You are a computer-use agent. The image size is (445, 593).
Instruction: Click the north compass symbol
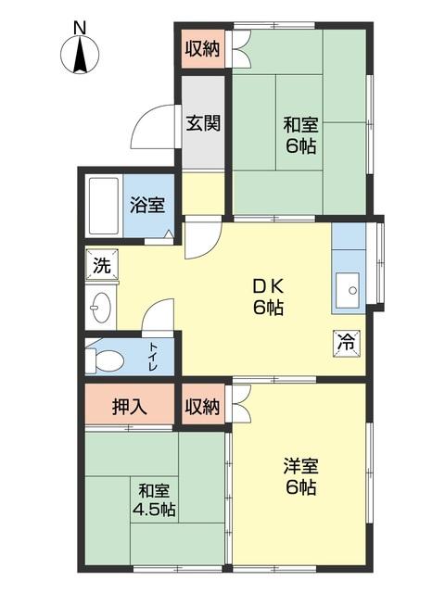(81, 56)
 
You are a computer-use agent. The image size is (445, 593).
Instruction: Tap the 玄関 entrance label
(202, 123)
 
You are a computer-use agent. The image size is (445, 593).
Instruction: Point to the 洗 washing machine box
(101, 265)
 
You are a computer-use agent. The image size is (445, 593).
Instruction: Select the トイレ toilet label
(154, 357)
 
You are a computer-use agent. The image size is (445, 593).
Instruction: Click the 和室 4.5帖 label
(154, 499)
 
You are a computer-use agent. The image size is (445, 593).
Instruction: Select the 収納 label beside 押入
(202, 405)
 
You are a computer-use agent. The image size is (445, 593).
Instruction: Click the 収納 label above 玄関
(202, 49)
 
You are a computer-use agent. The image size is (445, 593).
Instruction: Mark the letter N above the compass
(81, 28)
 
